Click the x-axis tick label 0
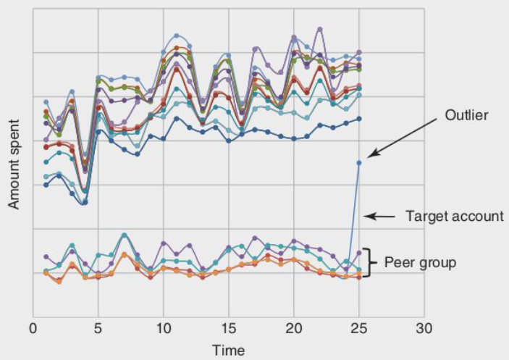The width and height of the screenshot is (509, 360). (x=33, y=328)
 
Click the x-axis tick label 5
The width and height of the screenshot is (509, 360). (x=98, y=328)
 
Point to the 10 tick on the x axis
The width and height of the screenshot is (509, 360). (x=163, y=328)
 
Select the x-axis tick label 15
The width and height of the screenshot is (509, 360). (x=228, y=328)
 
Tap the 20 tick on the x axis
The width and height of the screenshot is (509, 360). (x=293, y=328)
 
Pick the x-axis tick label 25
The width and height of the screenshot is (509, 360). (x=358, y=328)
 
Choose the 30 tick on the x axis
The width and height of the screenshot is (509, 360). (x=424, y=328)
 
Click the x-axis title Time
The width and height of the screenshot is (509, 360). (x=228, y=351)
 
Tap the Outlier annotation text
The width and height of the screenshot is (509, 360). (x=467, y=115)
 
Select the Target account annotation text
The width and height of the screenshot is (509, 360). (x=454, y=215)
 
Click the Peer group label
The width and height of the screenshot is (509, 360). (x=420, y=262)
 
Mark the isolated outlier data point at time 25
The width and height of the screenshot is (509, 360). (x=358, y=162)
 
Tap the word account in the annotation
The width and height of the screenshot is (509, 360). (x=480, y=215)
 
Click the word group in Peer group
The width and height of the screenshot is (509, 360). (x=438, y=263)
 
